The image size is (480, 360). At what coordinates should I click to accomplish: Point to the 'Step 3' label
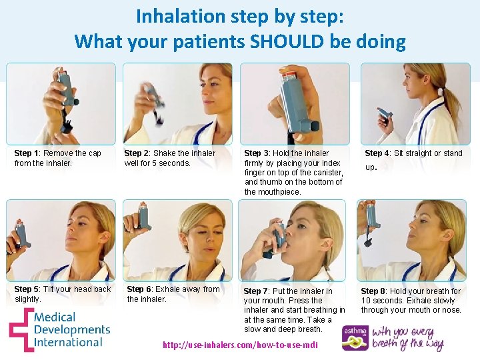click(x=257, y=153)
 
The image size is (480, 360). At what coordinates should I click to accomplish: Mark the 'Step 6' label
click(x=139, y=289)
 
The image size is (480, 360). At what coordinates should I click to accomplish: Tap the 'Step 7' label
click(x=256, y=291)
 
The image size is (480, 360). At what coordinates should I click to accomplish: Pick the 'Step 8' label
click(x=373, y=291)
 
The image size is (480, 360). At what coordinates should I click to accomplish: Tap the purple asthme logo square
click(x=355, y=338)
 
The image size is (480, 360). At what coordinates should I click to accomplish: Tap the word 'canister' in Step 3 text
click(x=323, y=173)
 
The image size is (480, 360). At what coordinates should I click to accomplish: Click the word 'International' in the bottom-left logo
click(x=68, y=342)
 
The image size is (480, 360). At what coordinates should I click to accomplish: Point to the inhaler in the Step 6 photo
click(x=143, y=217)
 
